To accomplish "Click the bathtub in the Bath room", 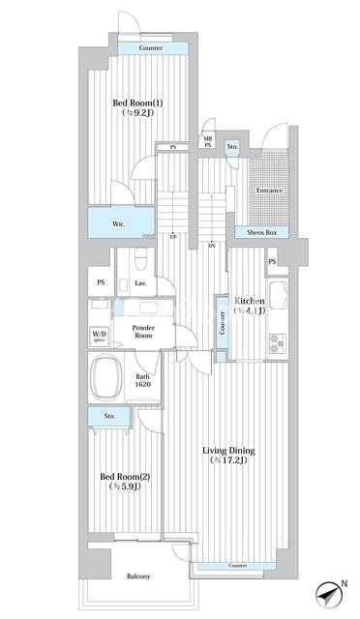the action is click(105, 377).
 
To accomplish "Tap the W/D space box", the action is click(99, 337).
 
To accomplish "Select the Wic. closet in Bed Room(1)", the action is click(121, 222).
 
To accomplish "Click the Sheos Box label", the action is click(261, 232).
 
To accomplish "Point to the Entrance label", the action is click(269, 191).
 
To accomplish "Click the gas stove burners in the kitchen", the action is click(278, 343).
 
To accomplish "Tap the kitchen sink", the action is click(278, 296).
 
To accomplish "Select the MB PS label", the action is click(208, 142).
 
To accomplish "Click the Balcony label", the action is click(138, 576).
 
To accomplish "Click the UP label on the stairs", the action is click(172, 238).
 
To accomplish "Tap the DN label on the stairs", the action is click(212, 246).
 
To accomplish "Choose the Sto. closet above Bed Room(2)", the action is click(109, 417).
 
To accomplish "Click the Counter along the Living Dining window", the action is click(237, 566).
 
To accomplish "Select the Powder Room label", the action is click(143, 331).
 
